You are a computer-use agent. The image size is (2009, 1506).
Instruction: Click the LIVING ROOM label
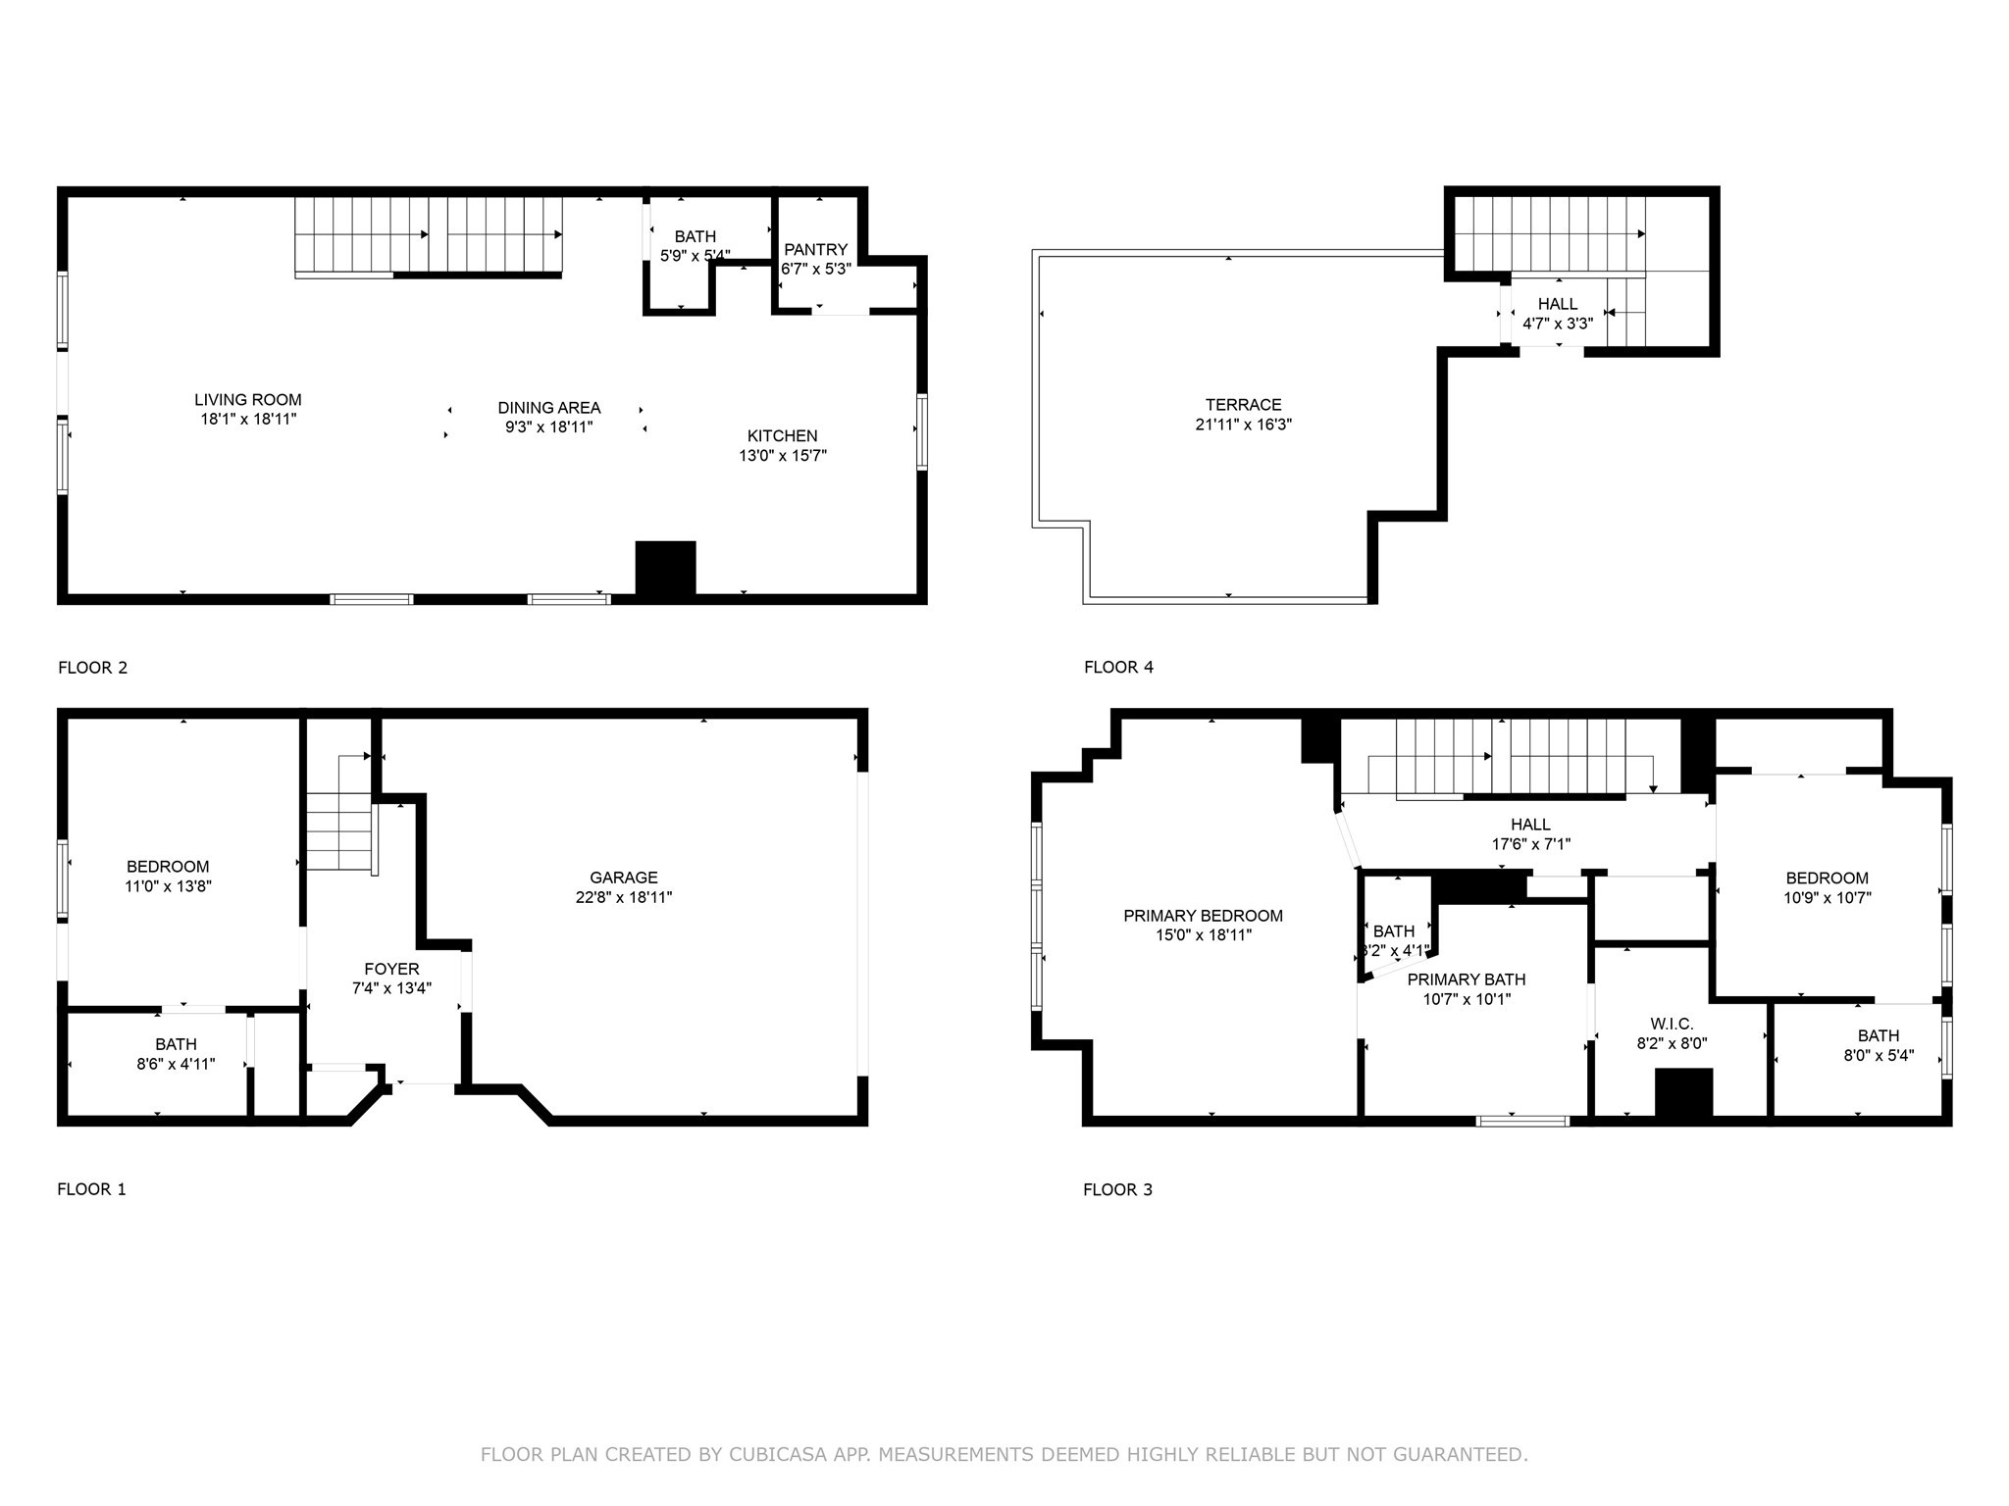click(x=247, y=400)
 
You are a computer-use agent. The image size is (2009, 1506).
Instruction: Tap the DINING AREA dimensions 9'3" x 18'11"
click(x=548, y=427)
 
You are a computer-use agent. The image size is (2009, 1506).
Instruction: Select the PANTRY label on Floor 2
click(x=815, y=250)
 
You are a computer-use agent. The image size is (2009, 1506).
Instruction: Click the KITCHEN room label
click(x=782, y=436)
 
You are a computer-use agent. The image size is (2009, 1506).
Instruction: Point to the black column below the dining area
click(x=665, y=568)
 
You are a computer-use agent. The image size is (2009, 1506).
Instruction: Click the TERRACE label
click(x=1243, y=405)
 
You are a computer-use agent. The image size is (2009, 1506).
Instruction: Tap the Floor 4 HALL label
click(x=1558, y=304)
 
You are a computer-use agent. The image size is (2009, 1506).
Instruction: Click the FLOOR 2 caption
click(x=92, y=668)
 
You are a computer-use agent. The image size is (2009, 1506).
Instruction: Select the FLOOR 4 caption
click(x=1118, y=668)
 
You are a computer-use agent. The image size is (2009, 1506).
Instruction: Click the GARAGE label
click(x=623, y=878)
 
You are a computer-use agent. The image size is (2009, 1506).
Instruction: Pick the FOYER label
click(x=391, y=970)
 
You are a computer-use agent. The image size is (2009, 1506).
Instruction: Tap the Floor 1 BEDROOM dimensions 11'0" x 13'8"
click(x=168, y=886)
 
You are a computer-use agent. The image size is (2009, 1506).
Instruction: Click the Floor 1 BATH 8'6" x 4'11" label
click(x=176, y=1044)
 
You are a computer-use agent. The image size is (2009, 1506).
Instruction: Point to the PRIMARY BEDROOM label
click(x=1203, y=916)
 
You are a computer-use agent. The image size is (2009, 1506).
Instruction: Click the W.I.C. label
click(x=1672, y=1025)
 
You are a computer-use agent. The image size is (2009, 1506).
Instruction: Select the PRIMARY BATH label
click(x=1466, y=979)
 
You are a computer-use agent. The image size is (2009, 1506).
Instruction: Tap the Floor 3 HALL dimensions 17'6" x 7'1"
click(x=1530, y=844)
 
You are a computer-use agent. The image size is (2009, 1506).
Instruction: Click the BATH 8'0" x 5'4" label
click(x=1878, y=1035)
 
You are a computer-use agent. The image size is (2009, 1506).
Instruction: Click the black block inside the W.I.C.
click(x=1683, y=1092)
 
